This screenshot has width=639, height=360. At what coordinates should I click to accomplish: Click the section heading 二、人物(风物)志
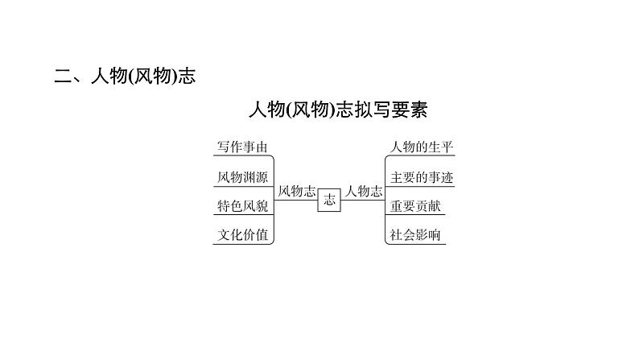point(125,76)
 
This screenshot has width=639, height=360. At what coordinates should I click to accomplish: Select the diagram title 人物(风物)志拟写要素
point(338,110)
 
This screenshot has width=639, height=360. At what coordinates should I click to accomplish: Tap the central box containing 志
point(329,201)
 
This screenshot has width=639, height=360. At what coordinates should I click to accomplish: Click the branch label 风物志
point(297,191)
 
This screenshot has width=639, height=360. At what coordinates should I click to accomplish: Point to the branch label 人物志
point(364,191)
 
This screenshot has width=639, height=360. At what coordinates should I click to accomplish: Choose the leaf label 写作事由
point(242,147)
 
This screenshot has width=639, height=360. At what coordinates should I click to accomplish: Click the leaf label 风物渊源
point(242,177)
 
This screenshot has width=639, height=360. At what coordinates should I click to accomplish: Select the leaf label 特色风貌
point(242,206)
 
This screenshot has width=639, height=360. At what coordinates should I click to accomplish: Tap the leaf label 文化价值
point(242,235)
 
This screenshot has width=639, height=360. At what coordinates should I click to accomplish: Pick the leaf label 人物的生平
point(422,147)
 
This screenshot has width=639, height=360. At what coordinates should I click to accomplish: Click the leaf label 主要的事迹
point(422,177)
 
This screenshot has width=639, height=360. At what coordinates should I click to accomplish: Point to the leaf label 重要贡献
point(415,206)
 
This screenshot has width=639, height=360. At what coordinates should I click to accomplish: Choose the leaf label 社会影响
point(414,235)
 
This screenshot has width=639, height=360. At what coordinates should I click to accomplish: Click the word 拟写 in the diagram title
point(373,110)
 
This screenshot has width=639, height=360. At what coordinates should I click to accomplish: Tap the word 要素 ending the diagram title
point(410,110)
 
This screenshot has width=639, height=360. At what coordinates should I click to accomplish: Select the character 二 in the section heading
point(63,77)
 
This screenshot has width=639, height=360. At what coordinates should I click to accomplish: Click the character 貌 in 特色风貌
point(262,206)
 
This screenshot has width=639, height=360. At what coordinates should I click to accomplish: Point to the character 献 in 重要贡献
point(435,206)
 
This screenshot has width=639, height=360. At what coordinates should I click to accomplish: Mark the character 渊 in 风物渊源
point(249,177)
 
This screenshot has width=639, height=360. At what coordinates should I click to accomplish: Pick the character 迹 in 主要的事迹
point(447,177)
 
